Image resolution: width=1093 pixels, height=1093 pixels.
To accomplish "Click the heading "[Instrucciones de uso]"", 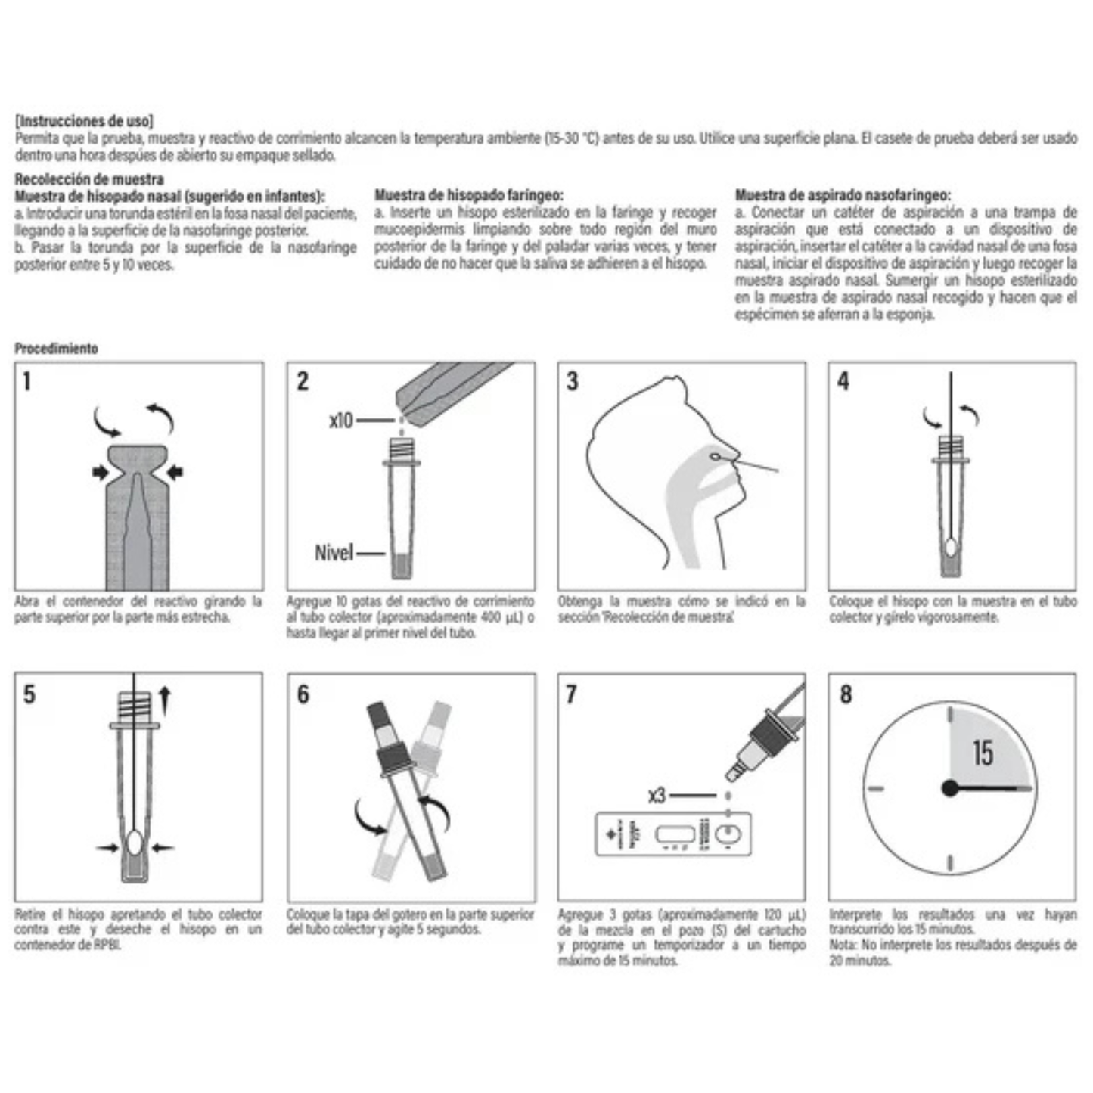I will click(84, 121).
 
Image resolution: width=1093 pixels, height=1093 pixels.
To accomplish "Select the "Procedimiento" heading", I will click(57, 349).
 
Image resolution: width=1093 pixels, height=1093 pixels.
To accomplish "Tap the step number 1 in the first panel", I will click(27, 381).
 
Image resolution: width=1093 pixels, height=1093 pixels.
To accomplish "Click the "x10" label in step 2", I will click(341, 421).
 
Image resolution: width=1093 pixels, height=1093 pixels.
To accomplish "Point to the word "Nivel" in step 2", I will click(334, 553).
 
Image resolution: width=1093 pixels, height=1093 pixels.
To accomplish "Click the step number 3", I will click(573, 381).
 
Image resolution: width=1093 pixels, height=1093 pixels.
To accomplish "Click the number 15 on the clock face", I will click(983, 753).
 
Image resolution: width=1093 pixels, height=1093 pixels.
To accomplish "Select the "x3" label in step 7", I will click(657, 796).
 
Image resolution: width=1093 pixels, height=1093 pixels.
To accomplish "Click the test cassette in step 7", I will click(673, 834).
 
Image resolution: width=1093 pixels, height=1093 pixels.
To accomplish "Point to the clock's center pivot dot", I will click(950, 788).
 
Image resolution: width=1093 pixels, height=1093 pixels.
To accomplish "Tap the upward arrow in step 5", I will click(165, 700).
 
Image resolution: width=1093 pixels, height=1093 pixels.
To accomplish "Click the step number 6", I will click(303, 694).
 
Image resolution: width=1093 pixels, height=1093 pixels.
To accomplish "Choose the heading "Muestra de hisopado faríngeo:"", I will click(468, 195).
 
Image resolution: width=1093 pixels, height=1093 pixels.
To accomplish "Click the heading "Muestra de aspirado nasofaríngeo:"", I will click(843, 195).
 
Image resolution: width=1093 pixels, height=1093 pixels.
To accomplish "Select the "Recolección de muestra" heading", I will click(89, 179).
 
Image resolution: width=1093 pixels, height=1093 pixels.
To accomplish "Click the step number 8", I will click(846, 694).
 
